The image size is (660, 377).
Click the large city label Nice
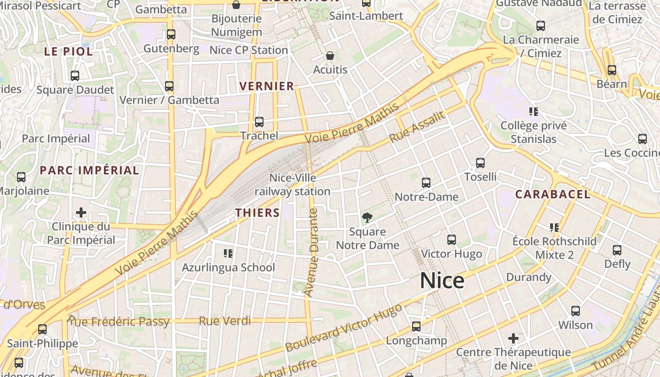442,281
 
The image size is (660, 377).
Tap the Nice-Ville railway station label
292,185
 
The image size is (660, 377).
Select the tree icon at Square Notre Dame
367,217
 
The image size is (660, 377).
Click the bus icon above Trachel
259,122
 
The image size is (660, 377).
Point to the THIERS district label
257,213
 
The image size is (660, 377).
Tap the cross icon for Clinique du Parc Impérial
81,213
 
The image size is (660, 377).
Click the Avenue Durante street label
311,252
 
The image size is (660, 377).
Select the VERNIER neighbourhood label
267,86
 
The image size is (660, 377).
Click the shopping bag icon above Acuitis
330,56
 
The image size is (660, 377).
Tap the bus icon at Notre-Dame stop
426,182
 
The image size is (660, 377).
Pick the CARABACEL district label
553,194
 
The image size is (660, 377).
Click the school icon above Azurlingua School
228,254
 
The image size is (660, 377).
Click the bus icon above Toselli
480,163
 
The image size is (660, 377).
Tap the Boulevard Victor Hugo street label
344,328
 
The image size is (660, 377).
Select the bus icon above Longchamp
416,326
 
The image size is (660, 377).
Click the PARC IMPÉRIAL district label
89,170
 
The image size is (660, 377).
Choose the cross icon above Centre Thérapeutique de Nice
513,338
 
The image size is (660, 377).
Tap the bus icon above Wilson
575,311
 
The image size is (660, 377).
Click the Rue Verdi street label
224,321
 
